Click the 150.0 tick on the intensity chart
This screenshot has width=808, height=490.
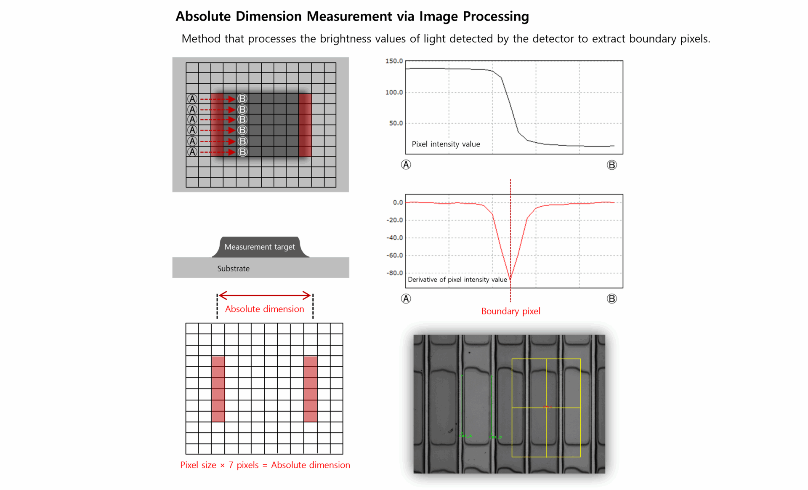coord(394,61)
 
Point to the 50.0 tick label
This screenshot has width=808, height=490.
coord(396,123)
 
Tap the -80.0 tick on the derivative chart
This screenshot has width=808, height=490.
coord(395,273)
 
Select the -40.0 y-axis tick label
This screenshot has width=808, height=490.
coord(395,237)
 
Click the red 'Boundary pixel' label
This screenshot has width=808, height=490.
coord(510,311)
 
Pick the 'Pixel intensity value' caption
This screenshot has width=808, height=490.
coord(446,144)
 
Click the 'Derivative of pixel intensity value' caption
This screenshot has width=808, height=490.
coord(457,280)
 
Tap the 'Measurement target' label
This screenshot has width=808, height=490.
coord(260,247)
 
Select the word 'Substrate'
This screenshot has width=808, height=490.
coord(233,269)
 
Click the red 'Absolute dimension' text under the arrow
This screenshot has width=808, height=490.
coord(264,309)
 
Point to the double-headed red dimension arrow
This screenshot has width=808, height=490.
coord(265,295)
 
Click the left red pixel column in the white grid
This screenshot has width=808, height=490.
coord(218,389)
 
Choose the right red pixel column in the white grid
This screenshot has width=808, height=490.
coord(311,389)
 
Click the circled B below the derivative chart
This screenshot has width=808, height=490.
coord(611,298)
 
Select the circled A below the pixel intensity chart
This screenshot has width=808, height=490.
coord(406,165)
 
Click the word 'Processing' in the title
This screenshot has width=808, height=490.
coord(496,16)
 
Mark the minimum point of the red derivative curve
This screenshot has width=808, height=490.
coord(510,280)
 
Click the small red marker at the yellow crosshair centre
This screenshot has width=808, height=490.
coord(547,407)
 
